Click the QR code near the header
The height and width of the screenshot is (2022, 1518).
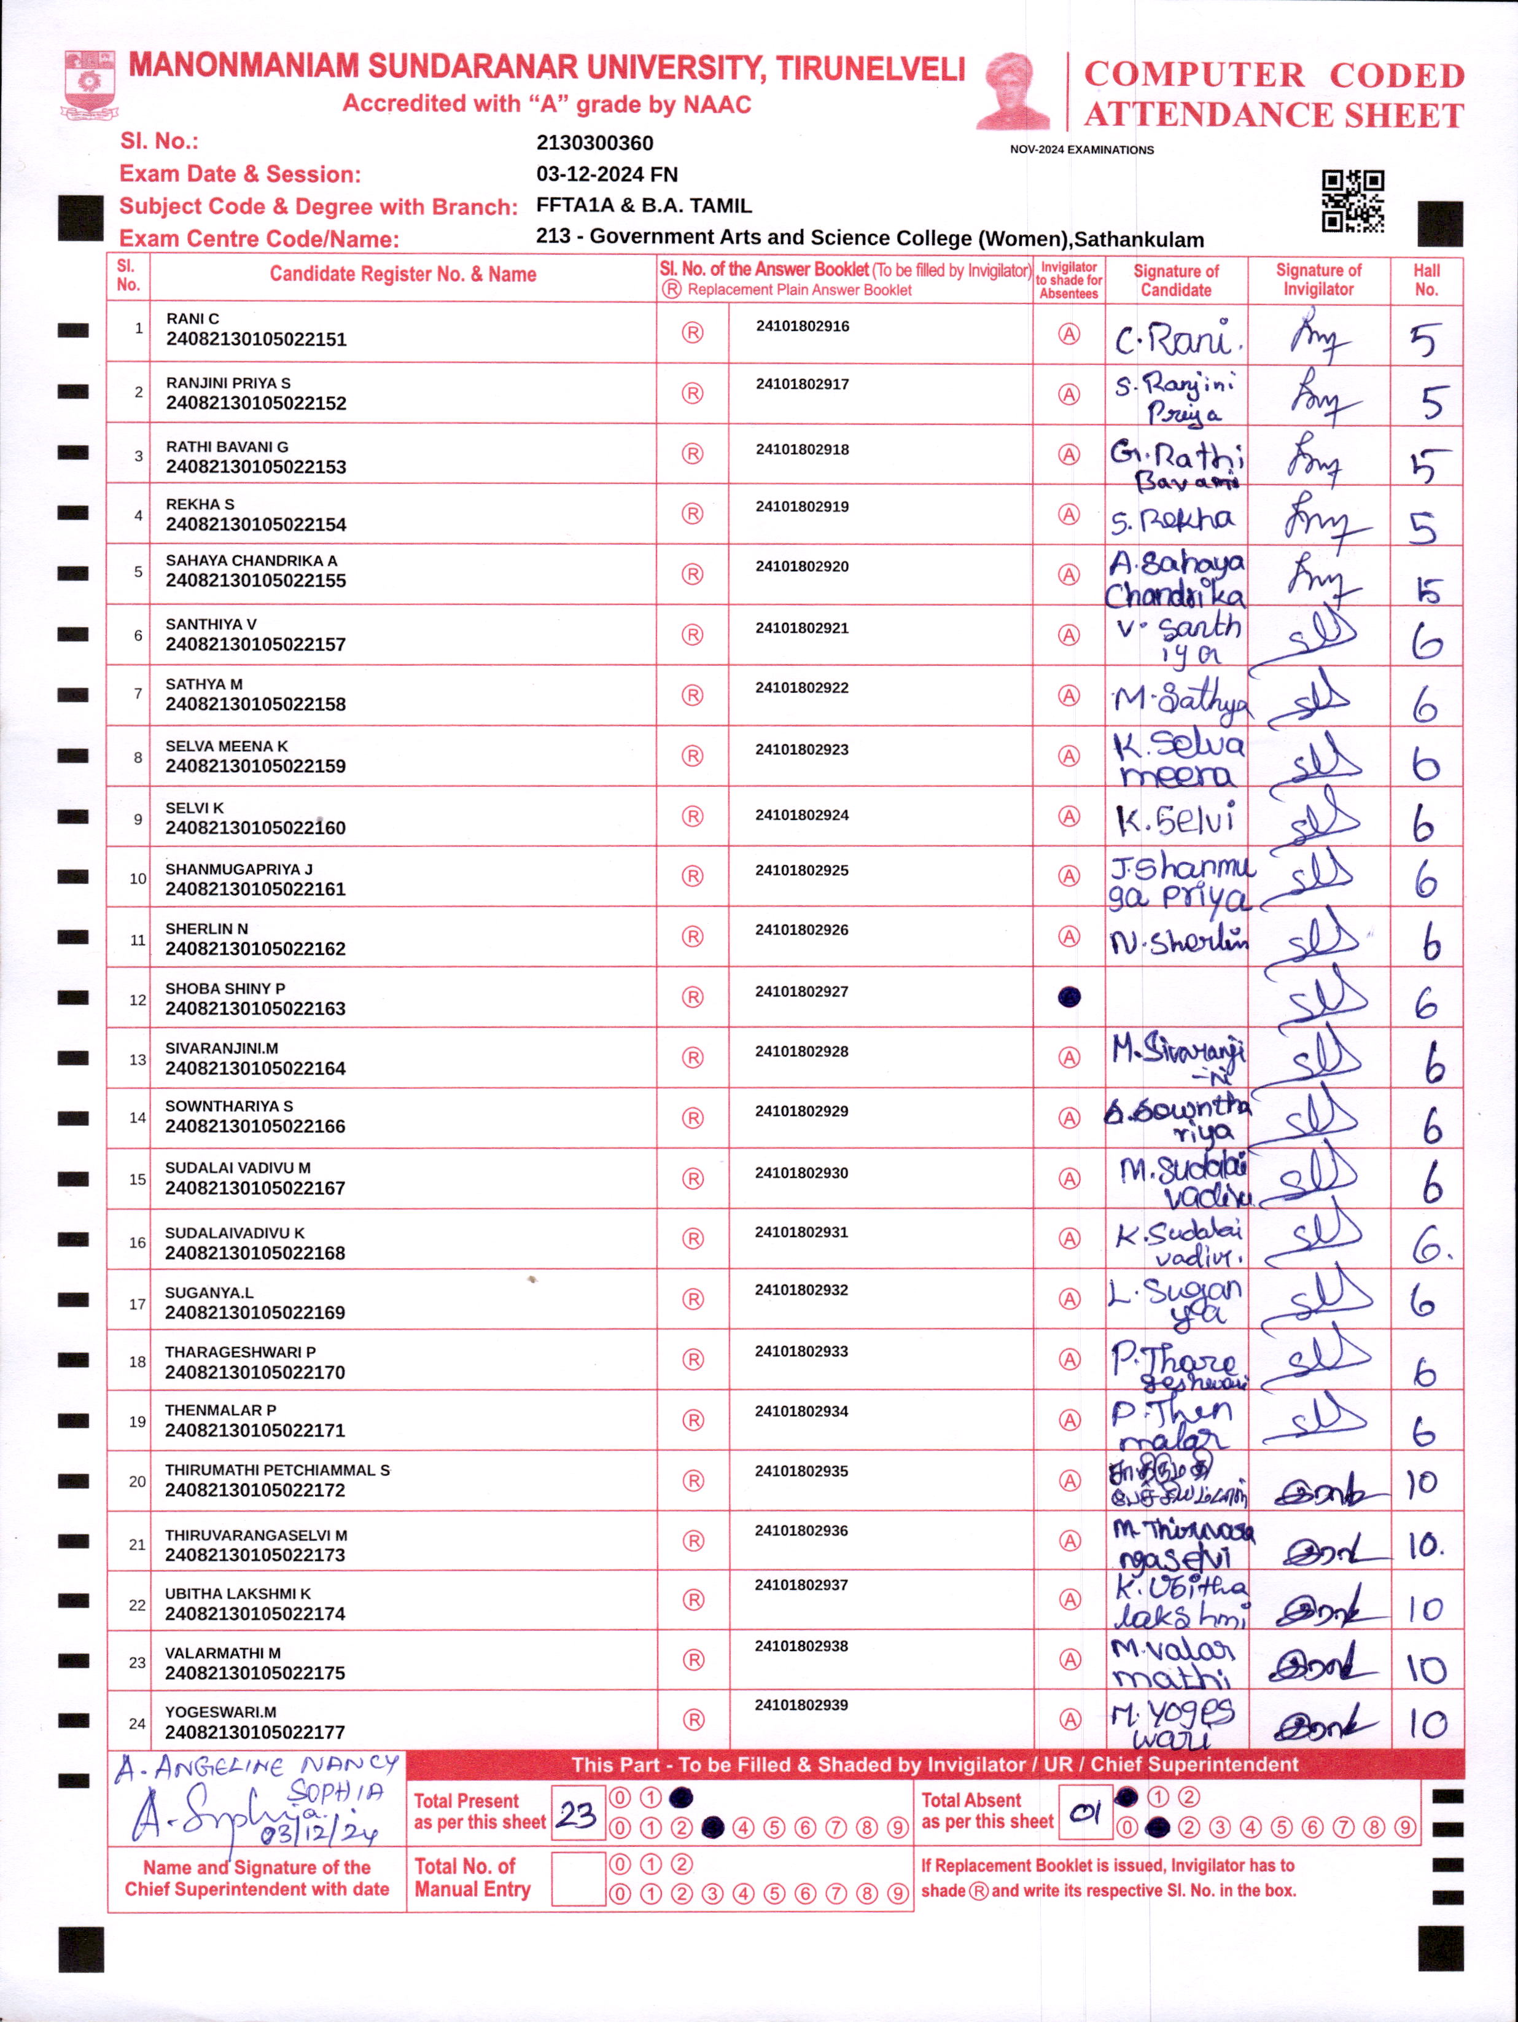click(x=1353, y=200)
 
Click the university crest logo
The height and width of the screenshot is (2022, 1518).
click(x=90, y=85)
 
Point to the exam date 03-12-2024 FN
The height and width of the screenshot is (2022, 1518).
click(x=606, y=174)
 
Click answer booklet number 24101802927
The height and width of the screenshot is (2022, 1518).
click(x=801, y=991)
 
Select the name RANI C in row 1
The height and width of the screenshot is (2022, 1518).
click(x=192, y=318)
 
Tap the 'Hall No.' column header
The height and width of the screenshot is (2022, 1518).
click(x=1426, y=279)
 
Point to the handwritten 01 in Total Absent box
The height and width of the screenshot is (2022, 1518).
click(x=1085, y=1812)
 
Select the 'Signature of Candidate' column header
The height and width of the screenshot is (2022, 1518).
click(x=1175, y=279)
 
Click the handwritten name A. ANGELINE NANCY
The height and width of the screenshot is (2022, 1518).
click(x=257, y=1766)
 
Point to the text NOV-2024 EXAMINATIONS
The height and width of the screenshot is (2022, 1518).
click(x=1081, y=150)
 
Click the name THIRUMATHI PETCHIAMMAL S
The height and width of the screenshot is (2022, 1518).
click(x=277, y=1470)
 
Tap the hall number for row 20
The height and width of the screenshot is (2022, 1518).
click(x=1423, y=1483)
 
